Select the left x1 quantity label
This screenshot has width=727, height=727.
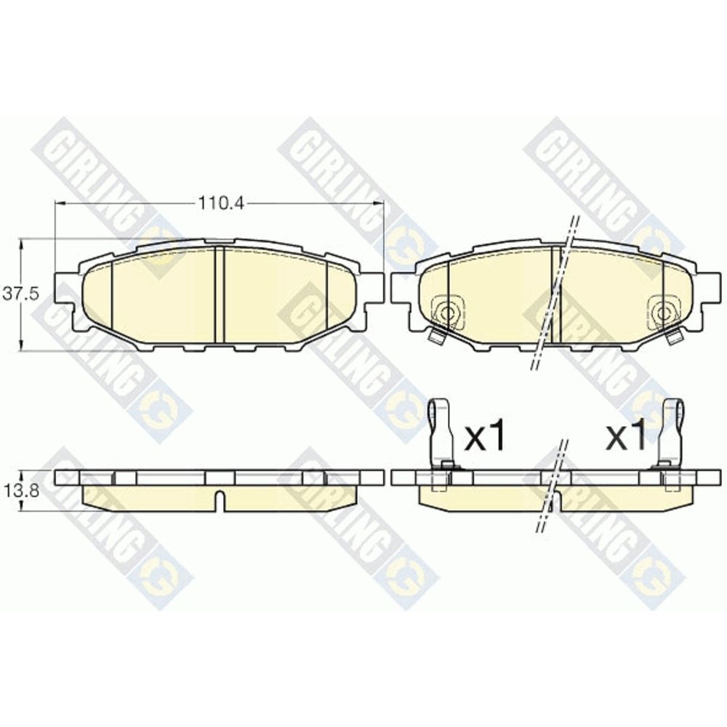click(484, 437)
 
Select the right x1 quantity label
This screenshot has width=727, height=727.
click(626, 437)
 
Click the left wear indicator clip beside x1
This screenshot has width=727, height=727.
click(441, 433)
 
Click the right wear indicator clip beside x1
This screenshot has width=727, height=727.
click(670, 433)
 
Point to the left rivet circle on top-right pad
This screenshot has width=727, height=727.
click(447, 313)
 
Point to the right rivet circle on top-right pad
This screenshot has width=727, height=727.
click(665, 313)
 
